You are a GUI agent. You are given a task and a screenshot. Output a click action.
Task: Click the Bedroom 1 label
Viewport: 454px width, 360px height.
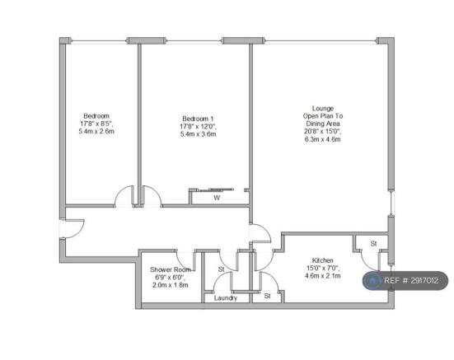[198, 119]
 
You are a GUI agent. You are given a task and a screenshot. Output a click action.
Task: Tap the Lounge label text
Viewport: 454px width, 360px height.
[323, 109]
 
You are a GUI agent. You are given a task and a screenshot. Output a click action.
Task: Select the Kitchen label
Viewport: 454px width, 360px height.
[322, 260]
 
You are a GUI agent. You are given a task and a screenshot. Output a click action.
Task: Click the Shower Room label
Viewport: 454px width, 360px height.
[171, 269]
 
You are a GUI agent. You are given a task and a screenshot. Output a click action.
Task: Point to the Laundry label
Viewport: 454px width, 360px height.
[226, 298]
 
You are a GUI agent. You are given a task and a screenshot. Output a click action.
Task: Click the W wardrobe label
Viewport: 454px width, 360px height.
[217, 198]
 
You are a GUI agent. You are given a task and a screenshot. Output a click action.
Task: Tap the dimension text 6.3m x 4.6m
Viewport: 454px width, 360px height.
[322, 139]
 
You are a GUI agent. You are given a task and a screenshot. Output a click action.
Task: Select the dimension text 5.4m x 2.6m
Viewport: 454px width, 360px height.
[96, 131]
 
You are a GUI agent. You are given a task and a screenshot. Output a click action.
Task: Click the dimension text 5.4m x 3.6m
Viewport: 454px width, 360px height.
[198, 134]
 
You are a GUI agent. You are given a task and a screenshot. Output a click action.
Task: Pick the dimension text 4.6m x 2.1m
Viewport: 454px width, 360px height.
[322, 275]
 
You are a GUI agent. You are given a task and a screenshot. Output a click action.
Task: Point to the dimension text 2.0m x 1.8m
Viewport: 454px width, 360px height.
[171, 285]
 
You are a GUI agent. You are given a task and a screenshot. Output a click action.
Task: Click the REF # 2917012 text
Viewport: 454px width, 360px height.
[411, 280]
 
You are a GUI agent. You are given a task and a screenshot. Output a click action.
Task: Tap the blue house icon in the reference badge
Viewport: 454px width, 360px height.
[372, 280]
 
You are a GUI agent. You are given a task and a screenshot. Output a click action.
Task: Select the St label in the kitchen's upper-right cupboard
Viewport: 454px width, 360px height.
[373, 244]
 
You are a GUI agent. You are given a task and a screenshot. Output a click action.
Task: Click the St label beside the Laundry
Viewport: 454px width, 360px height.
[267, 296]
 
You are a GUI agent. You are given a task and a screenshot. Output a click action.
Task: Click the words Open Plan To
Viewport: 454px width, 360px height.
[323, 116]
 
